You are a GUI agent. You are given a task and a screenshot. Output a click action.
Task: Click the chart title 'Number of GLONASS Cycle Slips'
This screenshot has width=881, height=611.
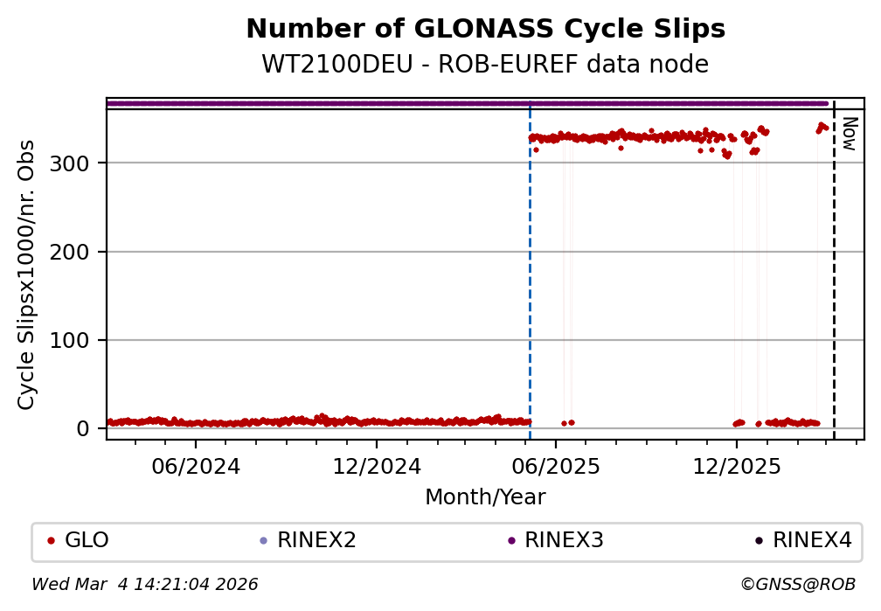[x=485, y=30]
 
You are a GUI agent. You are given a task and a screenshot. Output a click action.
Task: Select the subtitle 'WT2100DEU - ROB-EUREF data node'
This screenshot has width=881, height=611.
[x=485, y=65]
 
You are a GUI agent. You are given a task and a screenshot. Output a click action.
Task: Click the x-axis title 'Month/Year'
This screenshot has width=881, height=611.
[x=485, y=497]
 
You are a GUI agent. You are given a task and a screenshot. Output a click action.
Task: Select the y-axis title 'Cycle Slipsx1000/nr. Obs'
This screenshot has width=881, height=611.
[x=27, y=274]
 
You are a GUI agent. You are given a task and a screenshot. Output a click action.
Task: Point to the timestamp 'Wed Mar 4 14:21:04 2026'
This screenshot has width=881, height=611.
[x=145, y=584]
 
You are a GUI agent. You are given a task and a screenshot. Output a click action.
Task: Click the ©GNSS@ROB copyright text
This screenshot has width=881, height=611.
[x=797, y=584]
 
